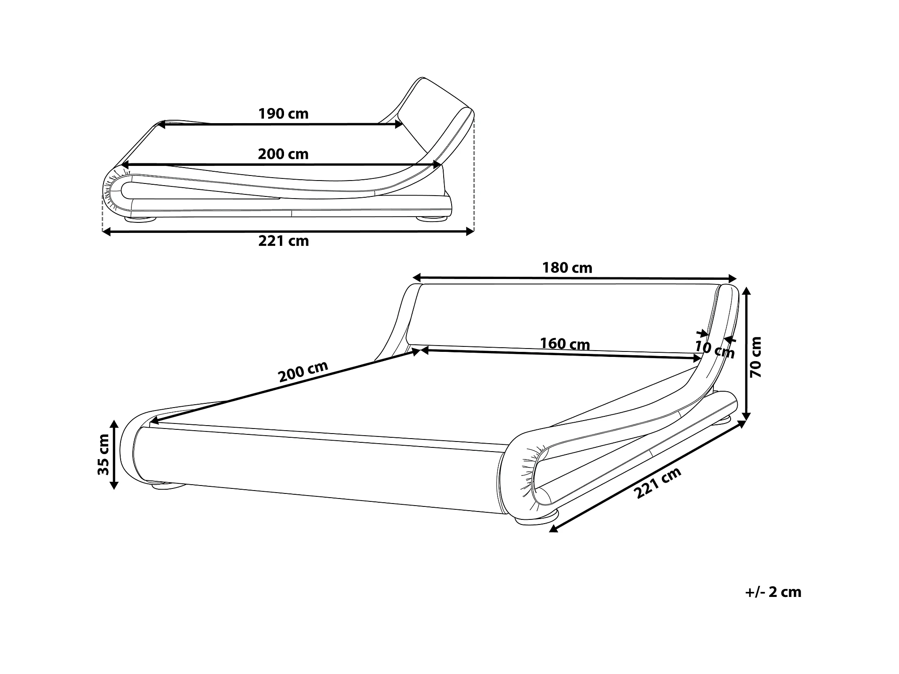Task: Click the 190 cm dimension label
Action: pyautogui.click(x=283, y=114)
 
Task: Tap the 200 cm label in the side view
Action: pyautogui.click(x=283, y=155)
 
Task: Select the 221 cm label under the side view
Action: pyautogui.click(x=284, y=241)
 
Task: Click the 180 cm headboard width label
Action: pyautogui.click(x=567, y=268)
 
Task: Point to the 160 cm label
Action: pyautogui.click(x=565, y=344)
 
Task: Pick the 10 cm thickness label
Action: pyautogui.click(x=715, y=349)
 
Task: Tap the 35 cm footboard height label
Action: pyautogui.click(x=103, y=454)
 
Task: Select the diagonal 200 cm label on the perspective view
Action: pyautogui.click(x=303, y=372)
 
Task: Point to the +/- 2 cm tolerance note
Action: pyautogui.click(x=773, y=592)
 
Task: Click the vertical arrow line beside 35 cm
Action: pyautogui.click(x=114, y=454)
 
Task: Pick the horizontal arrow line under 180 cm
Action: pyautogui.click(x=574, y=278)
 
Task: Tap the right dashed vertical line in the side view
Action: pyautogui.click(x=474, y=176)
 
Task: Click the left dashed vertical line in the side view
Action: pyautogui.click(x=103, y=214)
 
